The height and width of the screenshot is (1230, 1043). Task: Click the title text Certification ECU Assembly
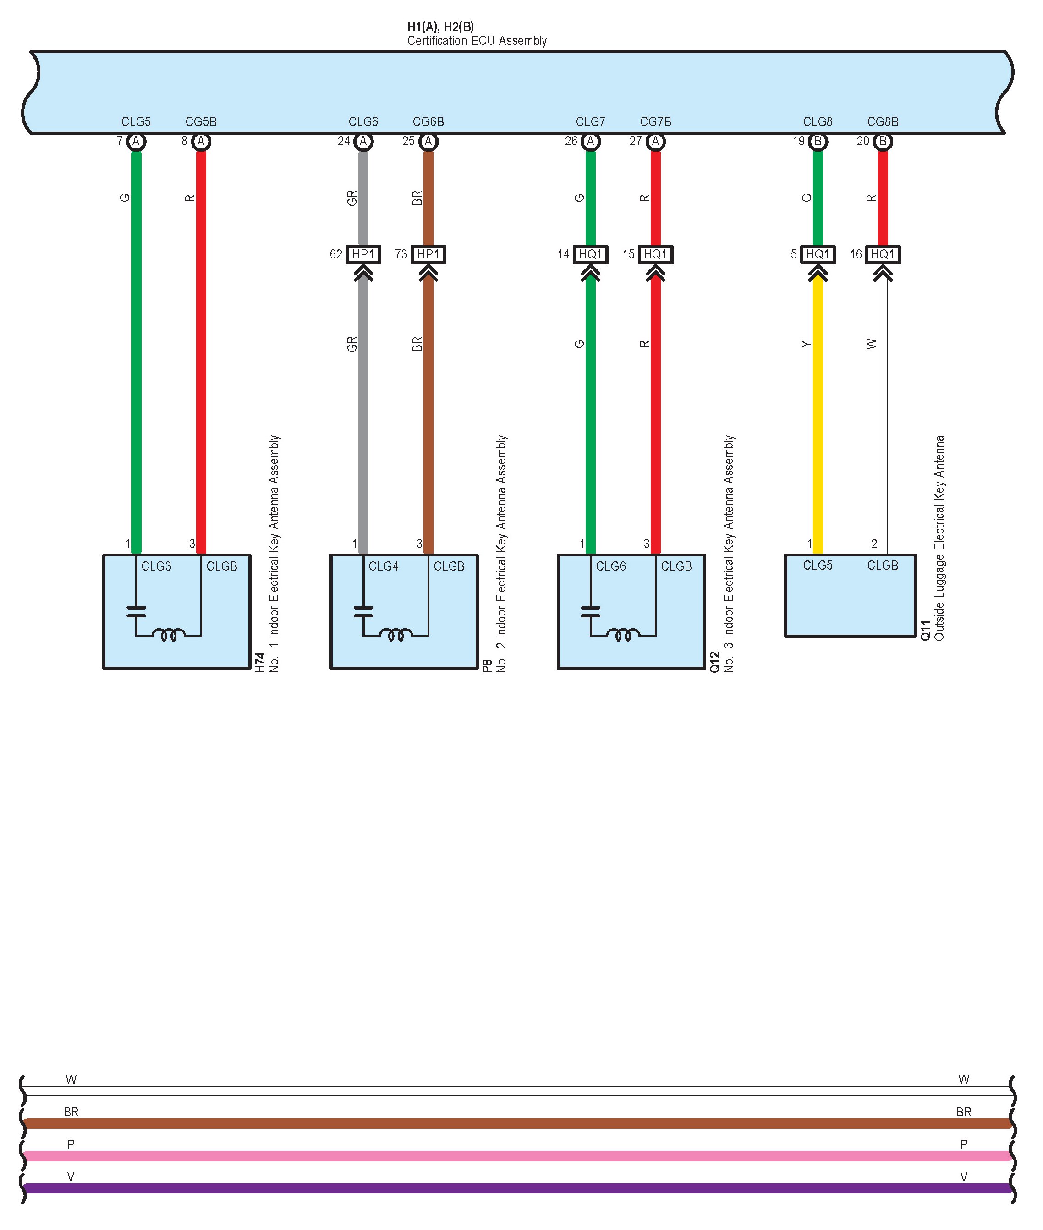pos(477,41)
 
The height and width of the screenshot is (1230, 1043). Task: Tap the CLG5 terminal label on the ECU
pos(136,122)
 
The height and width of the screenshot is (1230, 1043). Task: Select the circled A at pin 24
pos(363,141)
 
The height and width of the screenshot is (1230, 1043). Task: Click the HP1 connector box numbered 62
pos(363,254)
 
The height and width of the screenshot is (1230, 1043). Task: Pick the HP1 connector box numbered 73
pos(428,254)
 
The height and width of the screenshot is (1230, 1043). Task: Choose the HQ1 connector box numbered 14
pos(590,254)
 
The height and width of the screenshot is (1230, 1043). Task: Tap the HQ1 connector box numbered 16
pos(882,254)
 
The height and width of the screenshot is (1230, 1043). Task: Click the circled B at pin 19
pos(818,141)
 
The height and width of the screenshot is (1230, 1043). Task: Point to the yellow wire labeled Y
pos(818,414)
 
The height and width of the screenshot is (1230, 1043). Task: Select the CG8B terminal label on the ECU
pos(882,122)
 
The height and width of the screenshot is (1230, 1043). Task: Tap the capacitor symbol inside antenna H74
pos(136,611)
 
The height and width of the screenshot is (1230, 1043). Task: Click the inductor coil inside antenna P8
pos(395,635)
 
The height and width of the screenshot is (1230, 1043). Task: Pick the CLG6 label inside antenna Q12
pos(610,566)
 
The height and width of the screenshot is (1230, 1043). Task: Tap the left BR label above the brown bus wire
pos(71,1112)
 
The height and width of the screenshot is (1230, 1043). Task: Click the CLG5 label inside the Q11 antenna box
pos(817,566)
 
